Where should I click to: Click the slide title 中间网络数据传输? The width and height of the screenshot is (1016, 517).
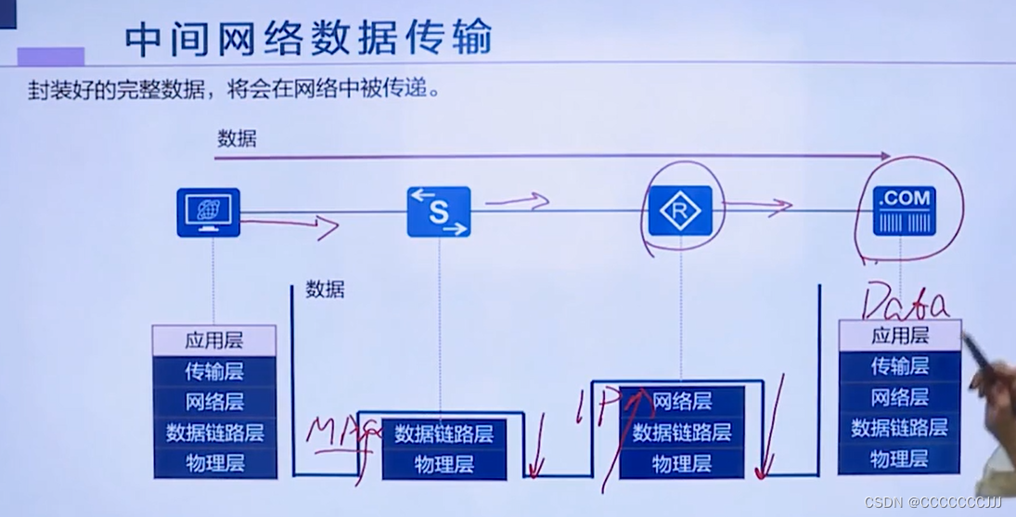coord(308,38)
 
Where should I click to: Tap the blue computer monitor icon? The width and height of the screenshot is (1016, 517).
coord(208,212)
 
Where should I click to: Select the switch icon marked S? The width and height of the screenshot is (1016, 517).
coord(438,212)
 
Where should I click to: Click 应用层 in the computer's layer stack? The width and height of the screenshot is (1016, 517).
coord(214,341)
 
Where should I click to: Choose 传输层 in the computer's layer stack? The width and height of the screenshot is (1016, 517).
coord(214,371)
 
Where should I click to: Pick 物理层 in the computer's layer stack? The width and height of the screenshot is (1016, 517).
coord(214,461)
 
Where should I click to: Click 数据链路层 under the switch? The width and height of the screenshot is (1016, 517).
coord(444,433)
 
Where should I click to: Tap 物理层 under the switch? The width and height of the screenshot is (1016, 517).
coord(444,463)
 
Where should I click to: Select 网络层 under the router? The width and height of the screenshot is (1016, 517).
coord(682,401)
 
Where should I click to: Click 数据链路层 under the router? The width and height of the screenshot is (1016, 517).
coord(682,432)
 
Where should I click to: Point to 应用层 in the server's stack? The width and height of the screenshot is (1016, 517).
coord(899,336)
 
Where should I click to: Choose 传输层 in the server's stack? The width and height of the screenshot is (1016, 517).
coord(899,367)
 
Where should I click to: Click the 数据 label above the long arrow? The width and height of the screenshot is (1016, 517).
coord(237,140)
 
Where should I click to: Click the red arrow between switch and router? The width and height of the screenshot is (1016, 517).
coord(517,200)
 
